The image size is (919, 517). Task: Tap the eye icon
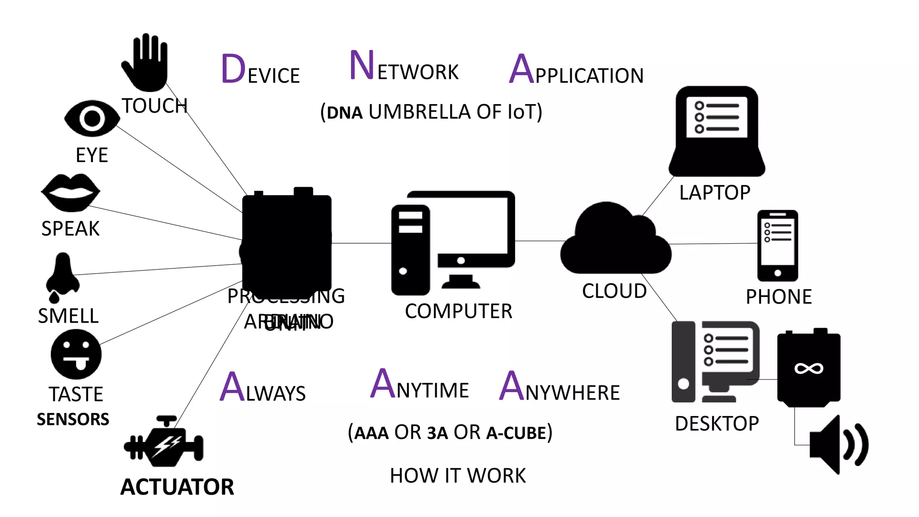tap(92, 118)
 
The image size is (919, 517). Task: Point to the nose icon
tap(62, 276)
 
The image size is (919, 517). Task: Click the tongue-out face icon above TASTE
tap(76, 355)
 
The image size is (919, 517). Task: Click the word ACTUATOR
tap(177, 487)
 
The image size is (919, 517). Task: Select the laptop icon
tap(717, 131)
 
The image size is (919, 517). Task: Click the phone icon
tap(778, 245)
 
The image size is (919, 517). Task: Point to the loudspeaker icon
tap(837, 445)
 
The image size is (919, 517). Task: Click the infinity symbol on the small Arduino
tap(809, 369)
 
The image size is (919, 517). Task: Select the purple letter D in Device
tap(233, 69)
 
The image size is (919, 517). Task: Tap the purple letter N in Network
tap(362, 66)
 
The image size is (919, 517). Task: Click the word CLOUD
tap(614, 291)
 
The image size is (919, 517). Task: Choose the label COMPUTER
tap(458, 311)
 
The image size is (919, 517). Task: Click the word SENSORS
tap(73, 419)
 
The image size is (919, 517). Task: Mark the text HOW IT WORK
tap(458, 476)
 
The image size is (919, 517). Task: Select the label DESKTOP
tap(717, 424)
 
